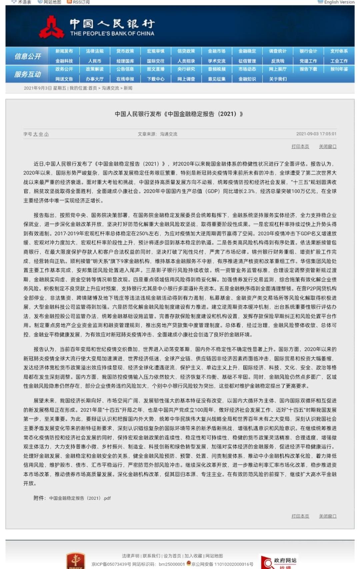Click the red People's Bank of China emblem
tap(52, 28)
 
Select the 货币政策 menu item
tap(125, 51)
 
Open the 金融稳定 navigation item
tap(247, 51)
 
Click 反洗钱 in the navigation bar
tap(278, 61)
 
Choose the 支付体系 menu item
tap(339, 51)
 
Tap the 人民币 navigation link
tap(95, 61)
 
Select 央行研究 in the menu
tap(186, 69)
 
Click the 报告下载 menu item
tap(308, 69)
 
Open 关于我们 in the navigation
tap(278, 79)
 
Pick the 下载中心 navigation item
tap(156, 79)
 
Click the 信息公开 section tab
tap(27, 56)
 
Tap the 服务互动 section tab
tap(27, 74)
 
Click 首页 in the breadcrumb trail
tap(93, 88)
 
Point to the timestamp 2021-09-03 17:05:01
tap(316, 134)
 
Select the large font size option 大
tap(35, 134)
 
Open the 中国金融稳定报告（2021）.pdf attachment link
tap(80, 498)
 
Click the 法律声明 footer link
tap(130, 556)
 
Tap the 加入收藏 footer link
tap(193, 556)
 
